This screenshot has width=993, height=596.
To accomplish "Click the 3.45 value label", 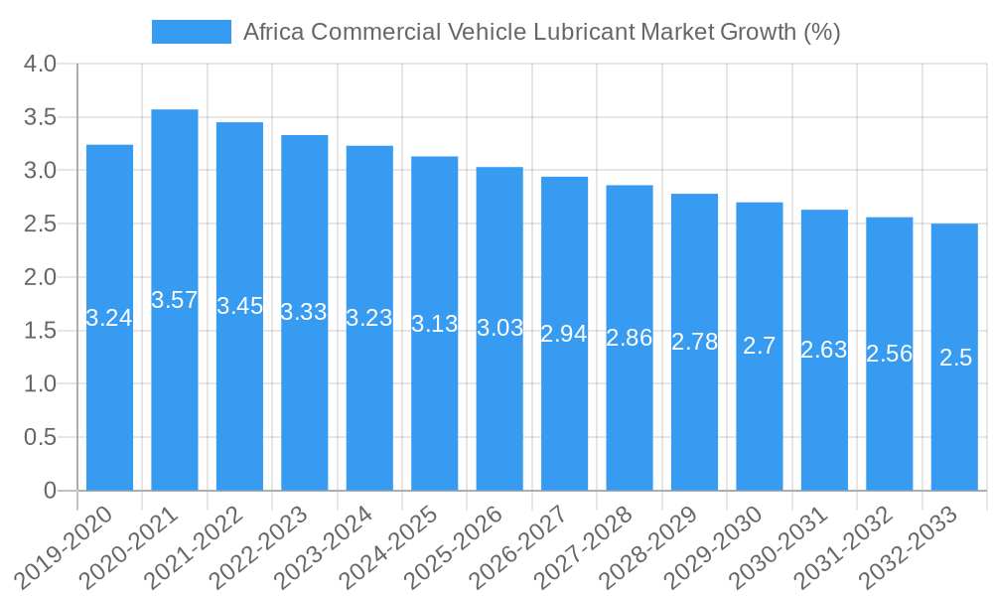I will pyautogui.click(x=240, y=306).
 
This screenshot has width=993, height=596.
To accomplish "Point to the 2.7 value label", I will pyautogui.click(x=760, y=346).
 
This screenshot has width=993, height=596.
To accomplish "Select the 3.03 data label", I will pyautogui.click(x=499, y=328).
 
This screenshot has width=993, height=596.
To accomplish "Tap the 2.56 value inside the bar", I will pyautogui.click(x=890, y=353).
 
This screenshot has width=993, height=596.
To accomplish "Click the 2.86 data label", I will pyautogui.click(x=630, y=337).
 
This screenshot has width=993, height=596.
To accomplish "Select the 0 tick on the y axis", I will pyautogui.click(x=51, y=491).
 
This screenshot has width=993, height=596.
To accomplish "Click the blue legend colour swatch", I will pyautogui.click(x=191, y=32).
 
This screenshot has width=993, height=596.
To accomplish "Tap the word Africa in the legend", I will pyautogui.click(x=273, y=32).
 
